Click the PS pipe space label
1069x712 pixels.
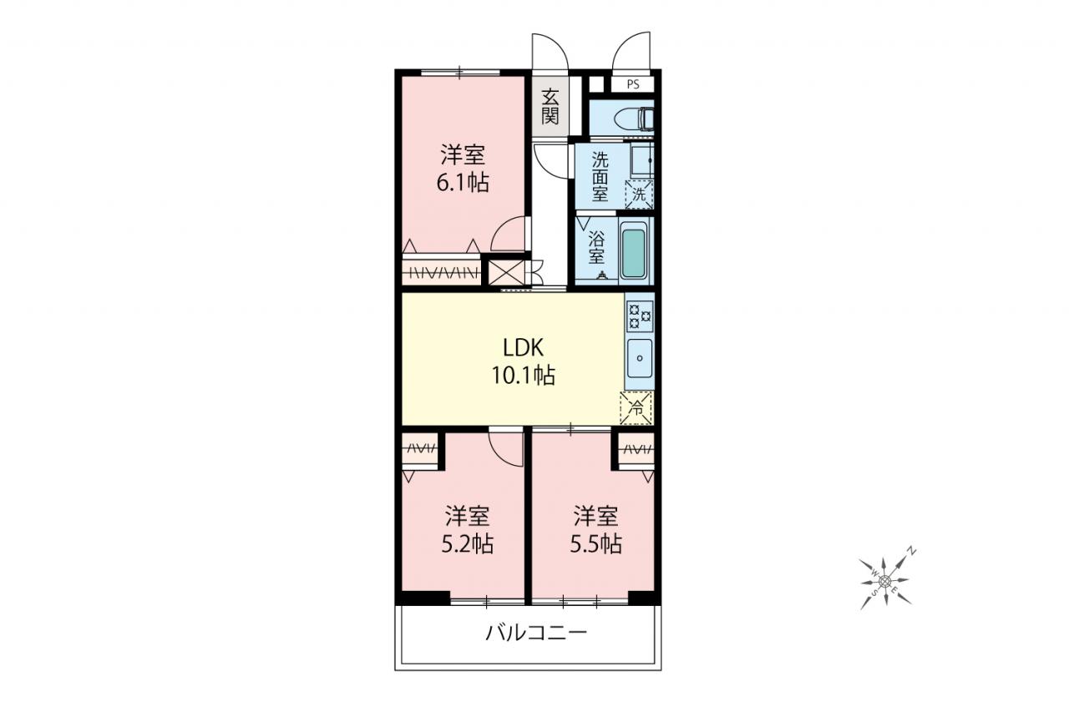click(x=633, y=85)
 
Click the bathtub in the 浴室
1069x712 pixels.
click(x=633, y=252)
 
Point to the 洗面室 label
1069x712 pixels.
click(x=600, y=176)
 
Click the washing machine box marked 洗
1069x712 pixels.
click(x=639, y=194)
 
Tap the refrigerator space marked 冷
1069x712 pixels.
click(x=636, y=407)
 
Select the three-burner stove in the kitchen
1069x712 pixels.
click(x=640, y=316)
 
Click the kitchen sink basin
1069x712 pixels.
click(x=640, y=358)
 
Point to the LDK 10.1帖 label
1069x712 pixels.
click(x=524, y=361)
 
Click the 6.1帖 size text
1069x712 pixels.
click(x=463, y=182)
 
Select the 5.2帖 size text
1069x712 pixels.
click(x=467, y=543)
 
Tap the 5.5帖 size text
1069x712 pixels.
click(x=595, y=543)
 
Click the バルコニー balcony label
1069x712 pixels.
click(x=536, y=634)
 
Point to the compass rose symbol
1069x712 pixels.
click(x=886, y=580)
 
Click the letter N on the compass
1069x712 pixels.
click(x=911, y=553)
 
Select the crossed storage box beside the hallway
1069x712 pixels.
click(x=506, y=273)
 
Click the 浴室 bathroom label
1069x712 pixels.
click(x=596, y=247)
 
